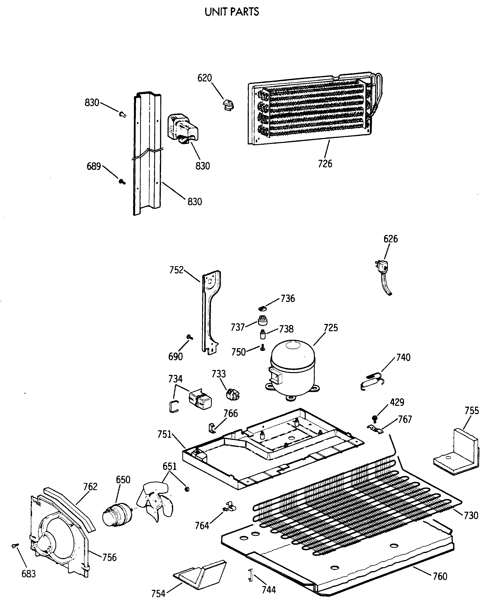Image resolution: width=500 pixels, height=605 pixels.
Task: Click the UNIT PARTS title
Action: (x=232, y=12)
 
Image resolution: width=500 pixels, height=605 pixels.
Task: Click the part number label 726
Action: (x=325, y=164)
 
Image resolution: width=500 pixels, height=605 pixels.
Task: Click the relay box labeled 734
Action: (x=200, y=399)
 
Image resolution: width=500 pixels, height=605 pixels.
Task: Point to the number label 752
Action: (x=176, y=270)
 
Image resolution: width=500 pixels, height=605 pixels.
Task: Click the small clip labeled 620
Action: (x=228, y=105)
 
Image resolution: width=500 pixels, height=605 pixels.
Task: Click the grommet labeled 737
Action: (x=262, y=320)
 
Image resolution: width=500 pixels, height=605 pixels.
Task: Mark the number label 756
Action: (x=109, y=557)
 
